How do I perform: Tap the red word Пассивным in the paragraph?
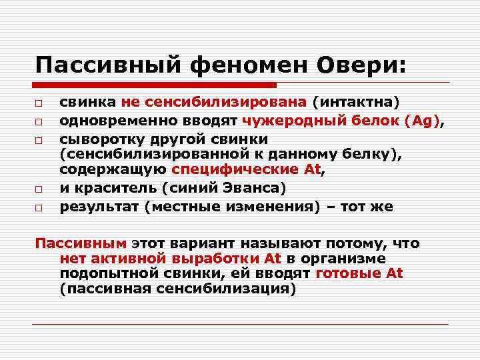click(81, 243)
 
